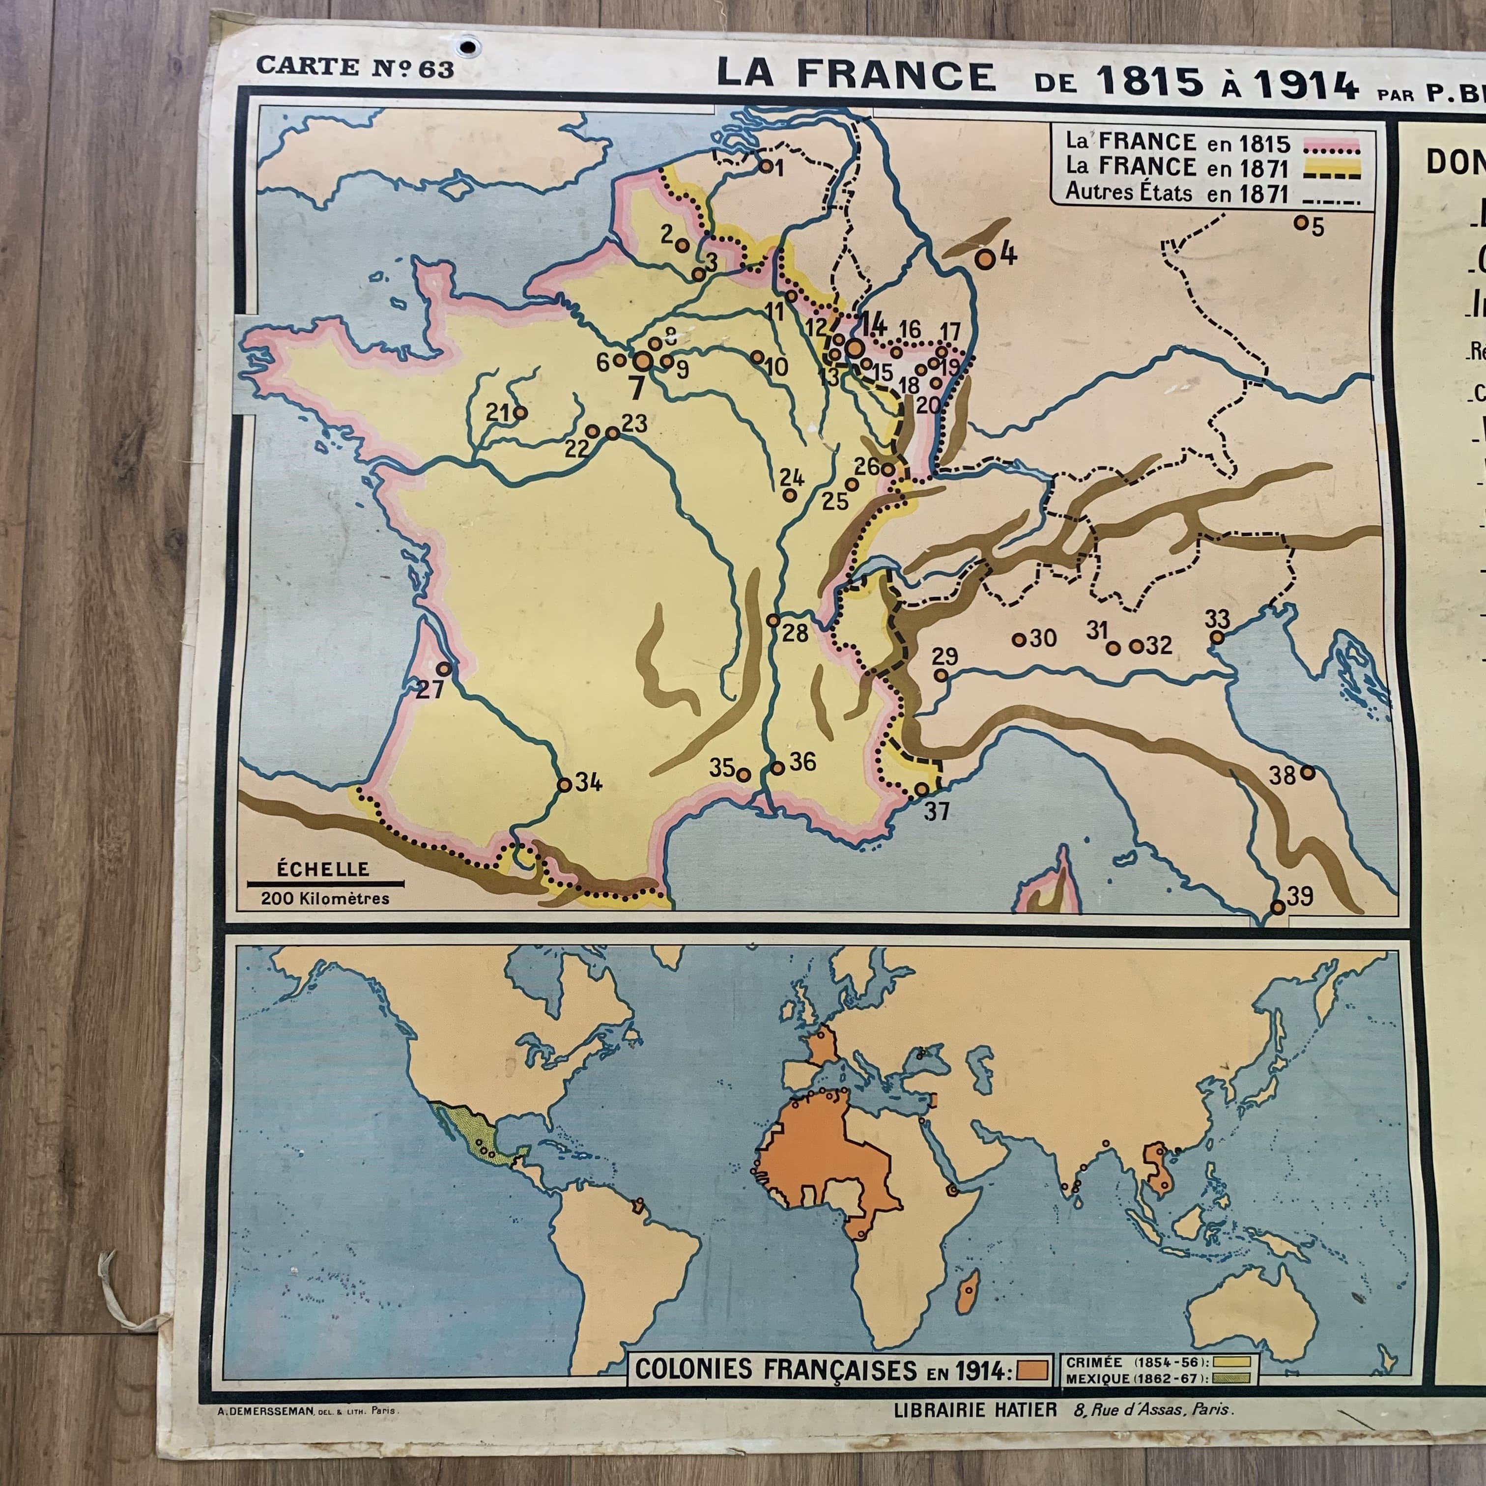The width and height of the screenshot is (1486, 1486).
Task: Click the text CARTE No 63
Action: pyautogui.click(x=355, y=68)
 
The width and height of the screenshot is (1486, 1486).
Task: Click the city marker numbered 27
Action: pyautogui.click(x=444, y=668)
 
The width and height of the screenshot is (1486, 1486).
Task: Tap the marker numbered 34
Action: pyautogui.click(x=565, y=785)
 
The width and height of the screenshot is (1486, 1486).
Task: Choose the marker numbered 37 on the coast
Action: pyautogui.click(x=921, y=789)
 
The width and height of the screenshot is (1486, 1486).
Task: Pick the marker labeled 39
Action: pyautogui.click(x=1278, y=908)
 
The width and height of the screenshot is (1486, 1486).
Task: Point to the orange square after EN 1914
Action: pyautogui.click(x=1032, y=1369)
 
